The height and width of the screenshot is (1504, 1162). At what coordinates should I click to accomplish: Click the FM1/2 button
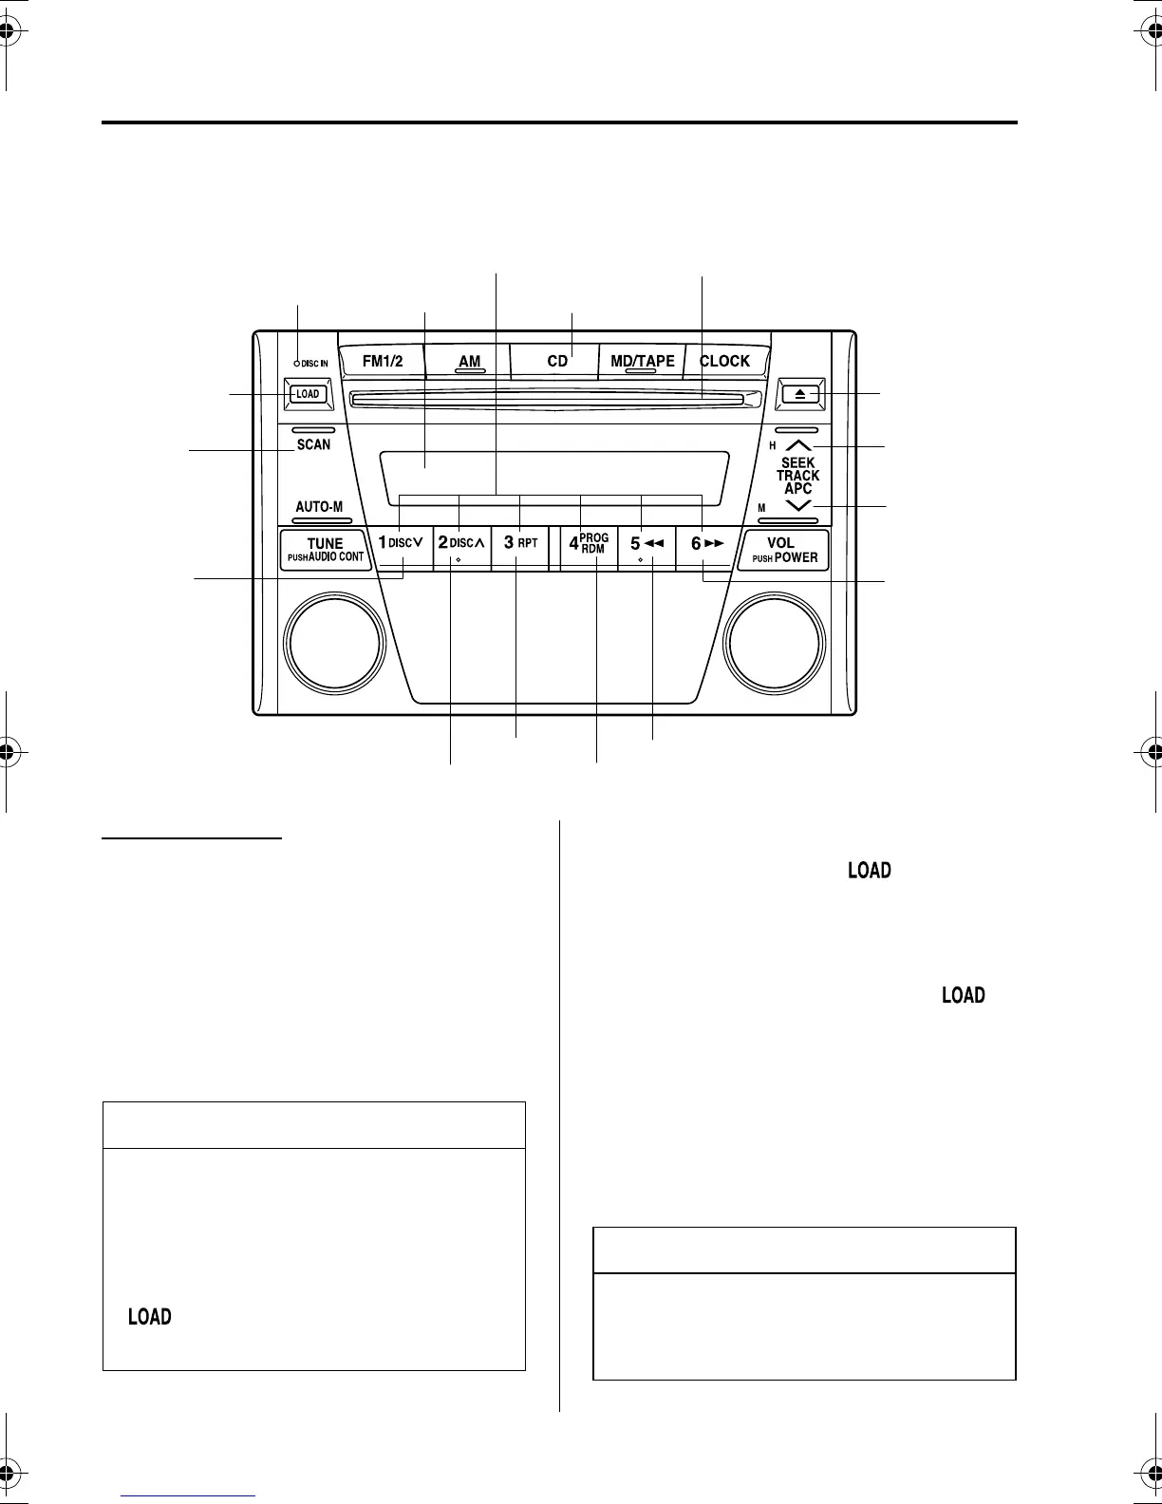[x=383, y=361]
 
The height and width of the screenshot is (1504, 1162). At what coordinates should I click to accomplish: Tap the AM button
[x=469, y=362]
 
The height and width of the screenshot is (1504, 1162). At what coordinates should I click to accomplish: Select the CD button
[x=557, y=361]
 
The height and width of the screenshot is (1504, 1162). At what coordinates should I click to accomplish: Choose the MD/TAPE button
[x=642, y=361]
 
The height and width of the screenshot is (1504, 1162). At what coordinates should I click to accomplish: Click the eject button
[x=800, y=394]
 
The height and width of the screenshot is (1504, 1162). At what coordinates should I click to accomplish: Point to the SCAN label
[x=313, y=444]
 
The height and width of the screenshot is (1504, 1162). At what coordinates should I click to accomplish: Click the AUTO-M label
[x=319, y=507]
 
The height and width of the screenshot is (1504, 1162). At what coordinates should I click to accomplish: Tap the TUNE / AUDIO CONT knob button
[x=325, y=550]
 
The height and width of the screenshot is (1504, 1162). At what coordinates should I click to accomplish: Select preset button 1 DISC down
[x=402, y=544]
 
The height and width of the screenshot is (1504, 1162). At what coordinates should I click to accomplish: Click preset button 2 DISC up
[x=461, y=544]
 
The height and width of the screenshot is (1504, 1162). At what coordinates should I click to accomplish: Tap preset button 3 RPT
[x=520, y=544]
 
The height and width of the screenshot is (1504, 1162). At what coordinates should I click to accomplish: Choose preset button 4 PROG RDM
[x=589, y=544]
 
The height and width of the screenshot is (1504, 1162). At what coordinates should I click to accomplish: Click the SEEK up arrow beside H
[x=798, y=445]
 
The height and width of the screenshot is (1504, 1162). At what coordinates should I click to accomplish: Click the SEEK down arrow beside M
[x=798, y=506]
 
